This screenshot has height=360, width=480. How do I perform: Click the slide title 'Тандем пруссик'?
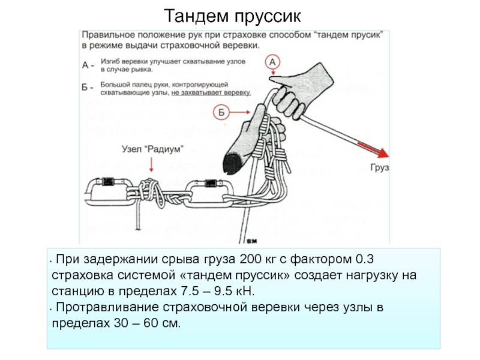pos(240,14)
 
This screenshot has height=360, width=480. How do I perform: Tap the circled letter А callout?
pos(272,62)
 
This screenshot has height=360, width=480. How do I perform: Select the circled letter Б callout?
pos(221,112)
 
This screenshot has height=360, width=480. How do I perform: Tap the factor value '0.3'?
pos(365,260)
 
